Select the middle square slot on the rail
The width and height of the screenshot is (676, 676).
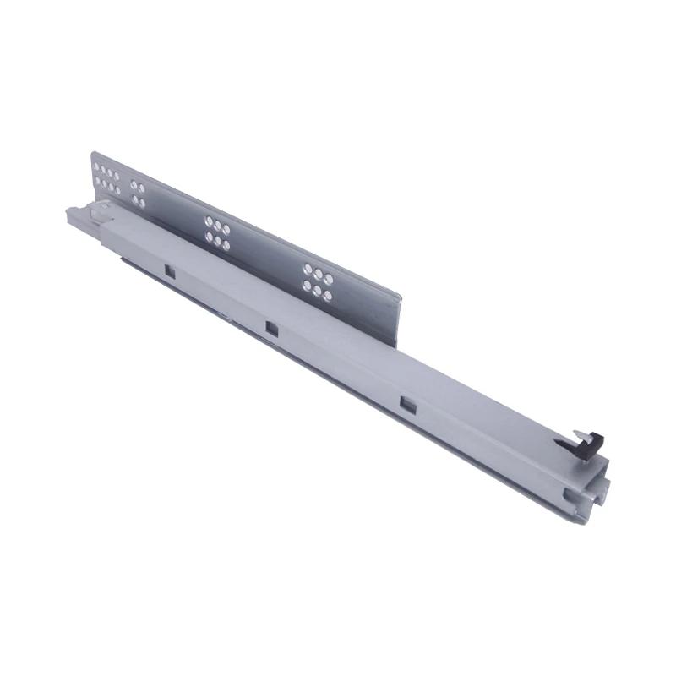(271, 327)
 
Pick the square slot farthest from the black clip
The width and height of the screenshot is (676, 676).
(169, 271)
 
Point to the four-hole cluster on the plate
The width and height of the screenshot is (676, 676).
(138, 194)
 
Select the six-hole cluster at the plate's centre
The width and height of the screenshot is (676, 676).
(216, 234)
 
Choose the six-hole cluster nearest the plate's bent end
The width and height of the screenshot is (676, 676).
(318, 281)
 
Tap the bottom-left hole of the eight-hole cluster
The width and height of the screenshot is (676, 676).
(97, 183)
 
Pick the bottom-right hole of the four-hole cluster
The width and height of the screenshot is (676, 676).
(142, 203)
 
